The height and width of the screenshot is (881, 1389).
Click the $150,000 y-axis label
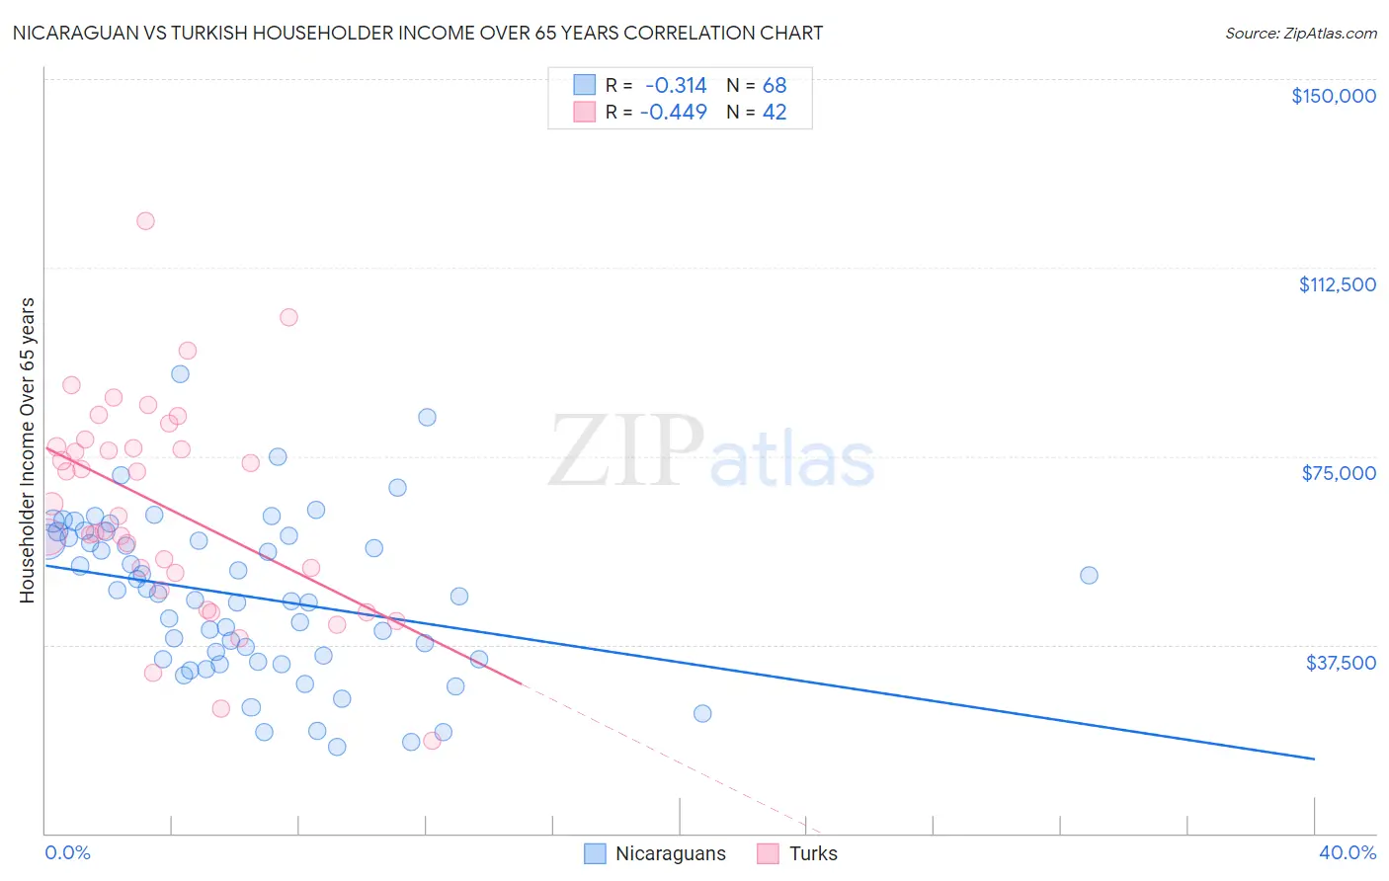(x=1333, y=96)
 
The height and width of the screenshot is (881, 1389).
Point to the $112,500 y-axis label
(x=1337, y=284)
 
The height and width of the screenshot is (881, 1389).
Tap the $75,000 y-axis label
(x=1339, y=473)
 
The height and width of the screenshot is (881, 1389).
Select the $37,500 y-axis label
(x=1341, y=663)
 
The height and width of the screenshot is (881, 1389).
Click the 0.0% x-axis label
(x=67, y=852)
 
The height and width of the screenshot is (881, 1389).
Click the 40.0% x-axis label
(x=1347, y=852)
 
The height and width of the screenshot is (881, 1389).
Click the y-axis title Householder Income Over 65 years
(x=28, y=449)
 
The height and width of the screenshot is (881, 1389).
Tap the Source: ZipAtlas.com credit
(x=1300, y=33)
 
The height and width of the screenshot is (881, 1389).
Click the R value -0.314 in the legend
(x=676, y=85)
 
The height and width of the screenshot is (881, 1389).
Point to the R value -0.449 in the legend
(x=674, y=112)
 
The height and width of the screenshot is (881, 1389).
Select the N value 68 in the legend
(x=775, y=85)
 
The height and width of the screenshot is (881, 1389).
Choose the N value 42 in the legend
(x=775, y=112)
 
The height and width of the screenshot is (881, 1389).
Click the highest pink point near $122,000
(x=145, y=221)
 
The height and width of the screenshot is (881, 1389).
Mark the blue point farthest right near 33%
(x=1089, y=575)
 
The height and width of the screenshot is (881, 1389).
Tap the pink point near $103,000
(x=288, y=317)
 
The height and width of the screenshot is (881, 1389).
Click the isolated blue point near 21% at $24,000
(x=702, y=713)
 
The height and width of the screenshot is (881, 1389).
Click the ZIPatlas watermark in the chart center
(x=711, y=452)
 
